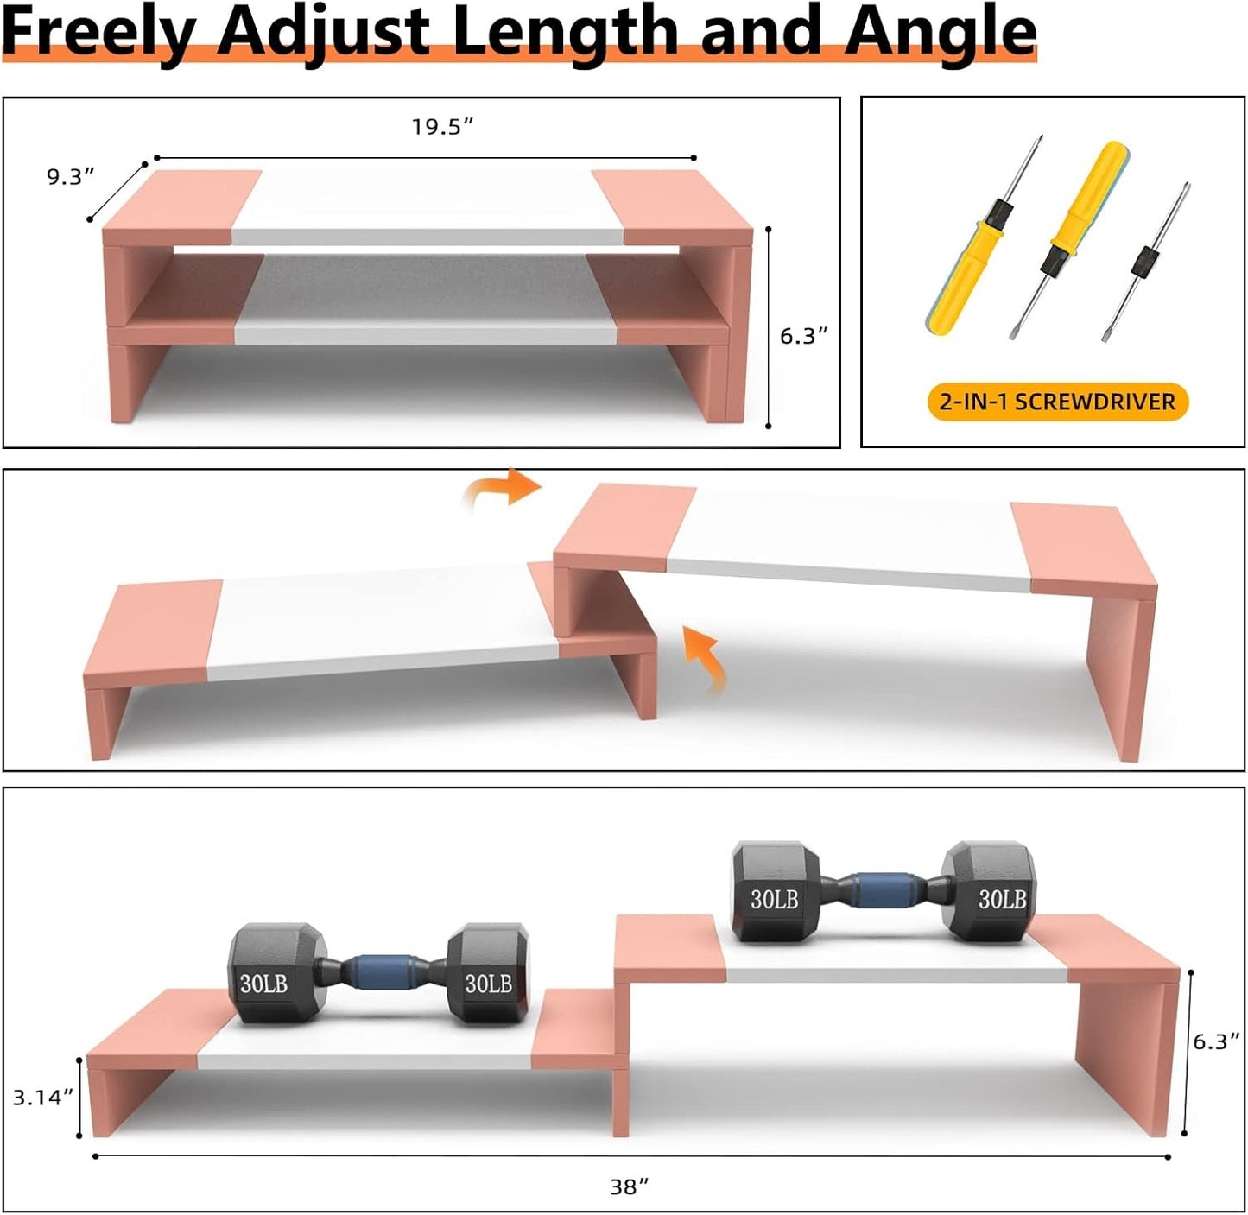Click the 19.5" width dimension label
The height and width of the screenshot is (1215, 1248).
pos(442,127)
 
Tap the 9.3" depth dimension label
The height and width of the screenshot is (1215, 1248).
pos(70,177)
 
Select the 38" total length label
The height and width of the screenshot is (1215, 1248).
pos(629,1187)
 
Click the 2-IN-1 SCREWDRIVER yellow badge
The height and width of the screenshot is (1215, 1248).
pos(1057,402)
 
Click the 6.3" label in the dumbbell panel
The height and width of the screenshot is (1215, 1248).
pos(1216,1042)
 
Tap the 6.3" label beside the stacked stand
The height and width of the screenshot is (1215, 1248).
pos(803,336)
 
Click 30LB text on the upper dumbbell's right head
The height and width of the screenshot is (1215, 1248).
pos(1002,900)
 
